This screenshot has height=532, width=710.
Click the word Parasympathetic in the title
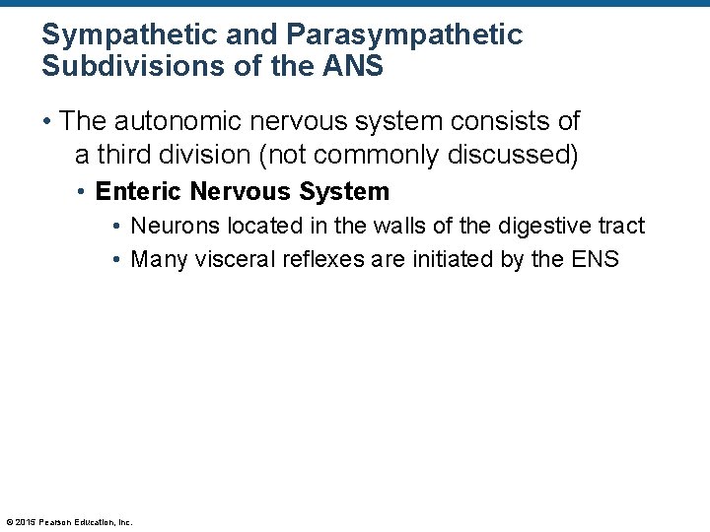click(x=404, y=35)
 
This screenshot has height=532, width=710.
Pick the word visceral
click(x=227, y=260)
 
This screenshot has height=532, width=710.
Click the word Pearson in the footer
click(x=54, y=522)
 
